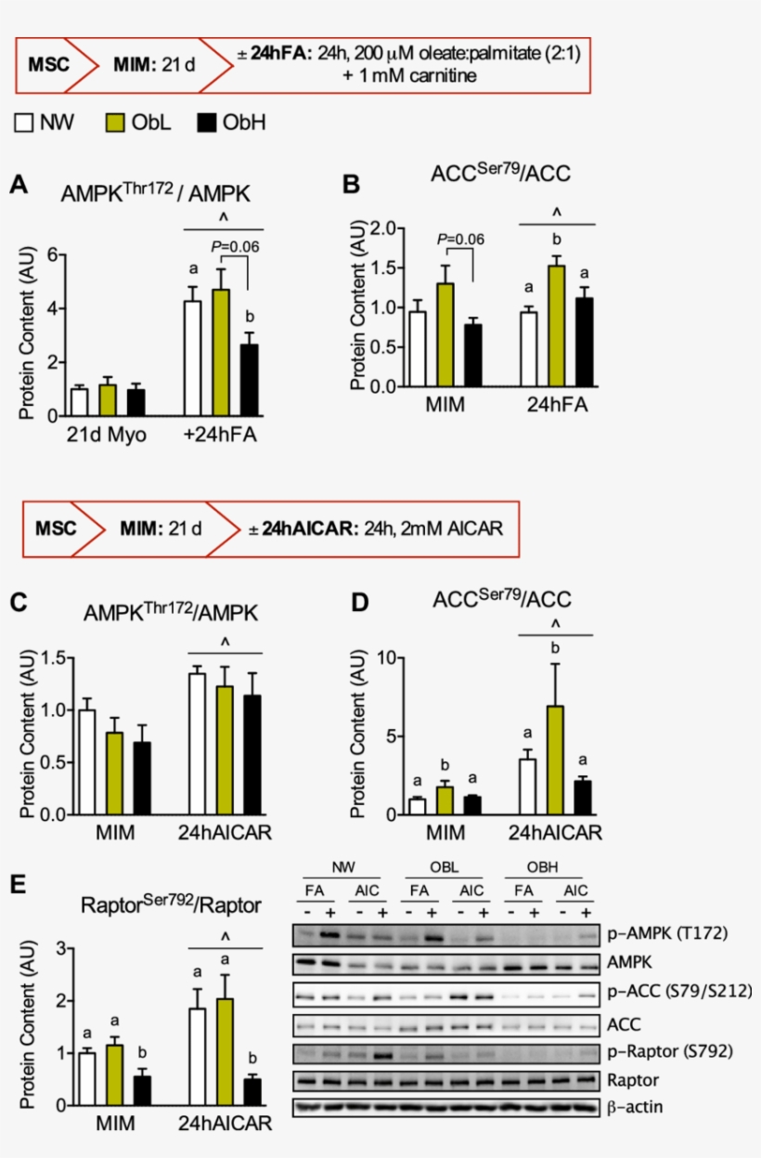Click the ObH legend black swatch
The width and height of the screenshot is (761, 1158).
pos(209,122)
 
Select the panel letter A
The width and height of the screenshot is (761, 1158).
pos(18,186)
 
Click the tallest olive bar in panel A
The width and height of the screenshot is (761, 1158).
pos(221,351)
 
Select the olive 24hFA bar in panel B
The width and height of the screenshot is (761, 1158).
pos(557,325)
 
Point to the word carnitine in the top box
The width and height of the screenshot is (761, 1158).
pos(438,76)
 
